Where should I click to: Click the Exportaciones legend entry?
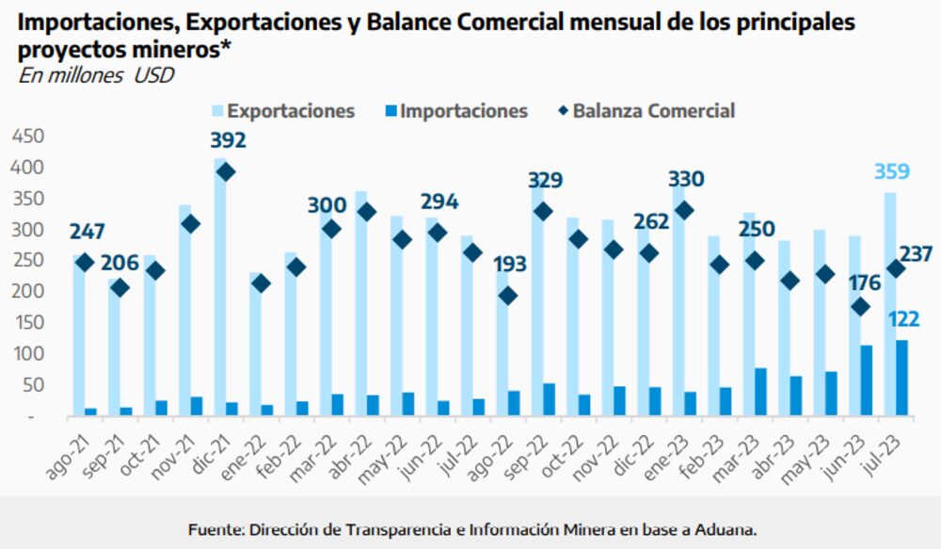pyautogui.click(x=280, y=111)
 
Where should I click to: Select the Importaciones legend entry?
pyautogui.click(x=453, y=111)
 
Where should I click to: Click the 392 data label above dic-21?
pyautogui.click(x=227, y=141)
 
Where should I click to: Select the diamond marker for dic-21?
pyautogui.click(x=226, y=172)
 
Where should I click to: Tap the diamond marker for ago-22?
pyautogui.click(x=507, y=296)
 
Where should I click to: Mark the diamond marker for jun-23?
pyautogui.click(x=860, y=307)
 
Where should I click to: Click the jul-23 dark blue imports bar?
pyautogui.click(x=901, y=378)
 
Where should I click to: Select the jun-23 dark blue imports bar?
pyautogui.click(x=866, y=380)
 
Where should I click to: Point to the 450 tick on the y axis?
pyautogui.click(x=28, y=137)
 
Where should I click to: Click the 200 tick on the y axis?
pyautogui.click(x=28, y=292)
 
